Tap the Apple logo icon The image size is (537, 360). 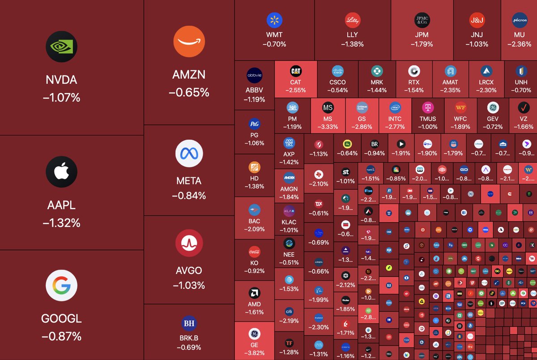(x=62, y=172)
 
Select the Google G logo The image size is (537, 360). (x=62, y=286)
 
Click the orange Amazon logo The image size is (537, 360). (x=189, y=42)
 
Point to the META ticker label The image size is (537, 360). (x=189, y=181)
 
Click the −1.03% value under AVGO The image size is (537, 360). (x=189, y=285)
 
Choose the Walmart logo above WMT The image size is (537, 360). (x=274, y=20)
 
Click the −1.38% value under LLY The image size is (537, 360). (x=352, y=44)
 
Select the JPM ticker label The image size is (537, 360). (x=422, y=34)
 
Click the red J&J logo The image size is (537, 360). (x=477, y=20)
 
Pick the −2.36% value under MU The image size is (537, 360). (x=519, y=44)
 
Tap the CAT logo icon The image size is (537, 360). (x=296, y=71)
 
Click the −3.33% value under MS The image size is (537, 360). (x=328, y=127)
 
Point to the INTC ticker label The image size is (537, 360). (x=395, y=119)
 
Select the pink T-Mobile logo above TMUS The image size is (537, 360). (x=427, y=107)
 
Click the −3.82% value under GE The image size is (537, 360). (x=254, y=352)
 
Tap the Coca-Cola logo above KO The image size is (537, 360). (x=254, y=251)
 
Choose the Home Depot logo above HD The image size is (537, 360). (x=254, y=167)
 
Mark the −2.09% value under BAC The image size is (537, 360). (x=254, y=229)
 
